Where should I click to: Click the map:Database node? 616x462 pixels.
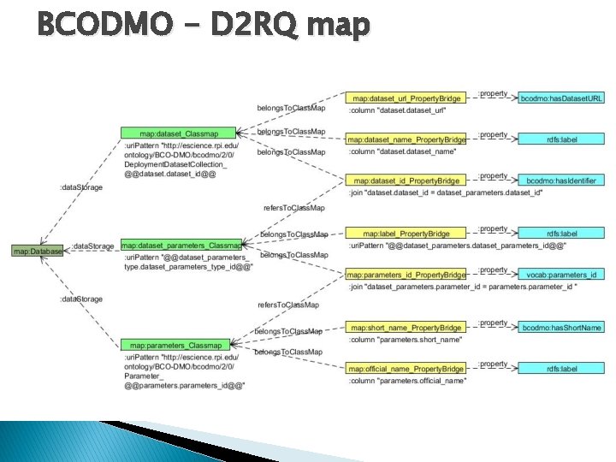tap(38, 251)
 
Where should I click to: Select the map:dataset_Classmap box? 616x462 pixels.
tap(178, 133)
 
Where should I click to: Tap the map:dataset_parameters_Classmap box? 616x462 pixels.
tap(181, 246)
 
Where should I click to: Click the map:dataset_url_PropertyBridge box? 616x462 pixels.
tap(406, 98)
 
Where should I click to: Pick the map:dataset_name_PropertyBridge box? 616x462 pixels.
tap(406, 139)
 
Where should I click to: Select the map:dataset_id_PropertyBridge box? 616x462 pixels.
tap(406, 181)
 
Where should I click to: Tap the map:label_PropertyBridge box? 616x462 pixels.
tap(406, 234)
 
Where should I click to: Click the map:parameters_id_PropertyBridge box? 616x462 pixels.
tap(406, 275)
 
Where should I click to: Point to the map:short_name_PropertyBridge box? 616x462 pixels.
tap(406, 328)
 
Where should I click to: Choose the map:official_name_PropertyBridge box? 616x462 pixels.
tap(406, 369)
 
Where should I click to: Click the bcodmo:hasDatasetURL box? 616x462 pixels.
tap(561, 98)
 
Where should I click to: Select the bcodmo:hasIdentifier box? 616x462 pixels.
tap(561, 181)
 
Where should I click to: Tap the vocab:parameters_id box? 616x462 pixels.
tap(561, 275)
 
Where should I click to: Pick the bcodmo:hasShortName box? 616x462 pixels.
tap(561, 328)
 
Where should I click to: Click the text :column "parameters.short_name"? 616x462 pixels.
tap(406, 340)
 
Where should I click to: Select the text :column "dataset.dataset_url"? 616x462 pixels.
tap(399, 110)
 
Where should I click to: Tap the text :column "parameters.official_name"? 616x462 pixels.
tap(407, 381)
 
